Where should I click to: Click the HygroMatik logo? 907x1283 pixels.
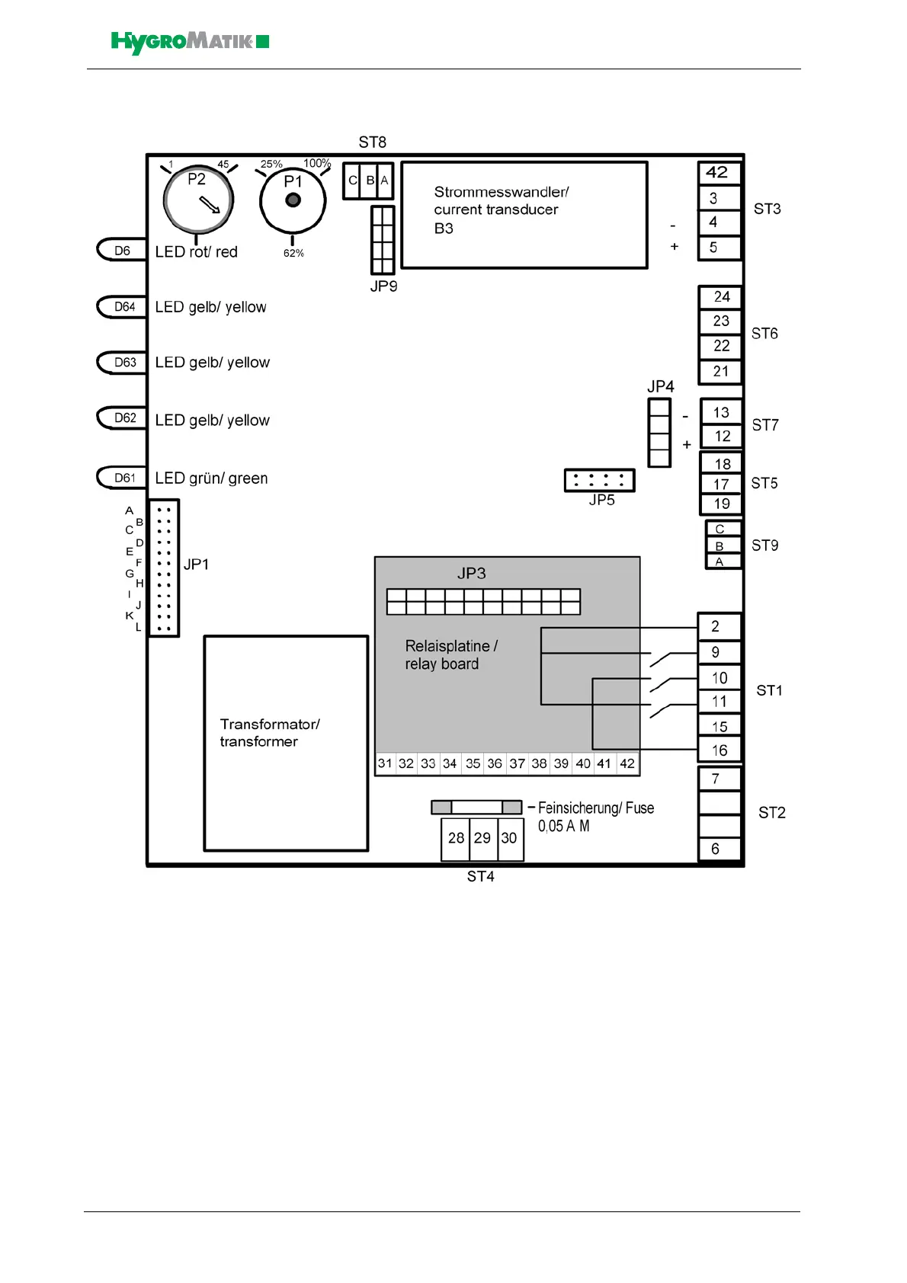(190, 42)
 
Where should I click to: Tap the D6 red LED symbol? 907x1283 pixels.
(122, 251)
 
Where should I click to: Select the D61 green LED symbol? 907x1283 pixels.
(123, 478)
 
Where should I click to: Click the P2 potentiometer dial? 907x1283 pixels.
(198, 200)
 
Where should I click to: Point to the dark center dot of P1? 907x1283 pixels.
(293, 200)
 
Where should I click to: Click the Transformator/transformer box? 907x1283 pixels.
(286, 743)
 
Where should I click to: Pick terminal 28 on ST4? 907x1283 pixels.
(456, 838)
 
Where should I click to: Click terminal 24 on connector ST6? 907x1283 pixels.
(721, 296)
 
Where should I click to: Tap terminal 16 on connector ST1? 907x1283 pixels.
(720, 750)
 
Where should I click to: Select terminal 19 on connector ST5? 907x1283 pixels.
(721, 504)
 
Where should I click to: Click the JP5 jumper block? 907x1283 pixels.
(600, 480)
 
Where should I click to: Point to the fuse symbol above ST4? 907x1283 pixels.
(476, 807)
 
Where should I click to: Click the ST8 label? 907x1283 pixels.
(373, 142)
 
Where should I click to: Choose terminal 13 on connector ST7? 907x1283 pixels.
(721, 412)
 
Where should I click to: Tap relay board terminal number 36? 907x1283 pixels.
(495, 763)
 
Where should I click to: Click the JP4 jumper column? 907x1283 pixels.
(659, 433)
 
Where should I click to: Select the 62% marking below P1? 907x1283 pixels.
(293, 253)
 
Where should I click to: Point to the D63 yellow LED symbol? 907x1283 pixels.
(123, 362)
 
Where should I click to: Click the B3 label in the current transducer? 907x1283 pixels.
(444, 229)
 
